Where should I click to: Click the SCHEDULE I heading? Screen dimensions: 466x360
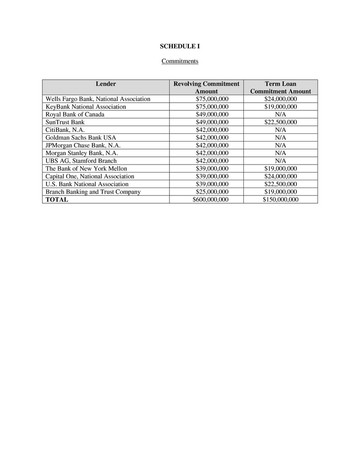[180, 46]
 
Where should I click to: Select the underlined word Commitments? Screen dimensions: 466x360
[180, 61]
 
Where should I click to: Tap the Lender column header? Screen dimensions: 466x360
[106, 84]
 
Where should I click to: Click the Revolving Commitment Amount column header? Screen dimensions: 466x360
[206, 87]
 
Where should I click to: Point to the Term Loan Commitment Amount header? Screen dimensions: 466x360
[280, 87]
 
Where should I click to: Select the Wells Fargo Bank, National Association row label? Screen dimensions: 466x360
[98, 99]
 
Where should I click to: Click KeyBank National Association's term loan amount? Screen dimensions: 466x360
[280, 107]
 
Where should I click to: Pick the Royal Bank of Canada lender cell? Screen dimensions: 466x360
[75, 114]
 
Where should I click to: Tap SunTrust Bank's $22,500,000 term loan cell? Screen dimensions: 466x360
[280, 122]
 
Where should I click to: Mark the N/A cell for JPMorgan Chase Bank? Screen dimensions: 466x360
[280, 145]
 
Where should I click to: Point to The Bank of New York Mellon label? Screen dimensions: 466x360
[87, 169]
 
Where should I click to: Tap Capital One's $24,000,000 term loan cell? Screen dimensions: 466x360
[280, 176]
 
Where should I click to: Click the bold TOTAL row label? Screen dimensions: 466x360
[57, 200]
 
